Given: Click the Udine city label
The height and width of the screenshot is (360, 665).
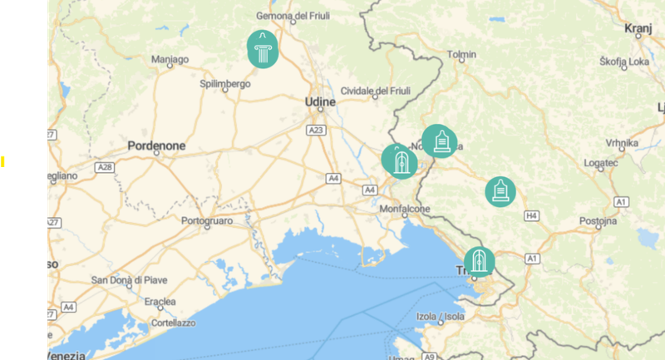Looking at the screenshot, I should point(320,102).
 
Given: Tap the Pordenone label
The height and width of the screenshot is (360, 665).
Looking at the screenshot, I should point(156,145).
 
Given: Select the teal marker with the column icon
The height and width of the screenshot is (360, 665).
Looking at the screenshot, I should point(263,49).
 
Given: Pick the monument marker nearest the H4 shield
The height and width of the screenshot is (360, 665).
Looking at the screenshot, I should point(500,191).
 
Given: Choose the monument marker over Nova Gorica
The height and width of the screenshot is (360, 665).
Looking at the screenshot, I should point(439,141).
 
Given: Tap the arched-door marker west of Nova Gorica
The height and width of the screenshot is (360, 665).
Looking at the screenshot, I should point(399,160).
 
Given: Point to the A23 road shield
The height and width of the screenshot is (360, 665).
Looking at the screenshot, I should point(315,131).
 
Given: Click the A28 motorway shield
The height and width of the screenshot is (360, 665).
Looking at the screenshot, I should point(105,167).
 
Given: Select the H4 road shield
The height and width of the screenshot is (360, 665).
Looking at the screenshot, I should point(532,216).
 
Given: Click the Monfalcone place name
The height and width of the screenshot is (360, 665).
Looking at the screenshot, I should point(404,210).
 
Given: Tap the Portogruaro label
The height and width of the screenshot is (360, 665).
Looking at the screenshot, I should point(207,221).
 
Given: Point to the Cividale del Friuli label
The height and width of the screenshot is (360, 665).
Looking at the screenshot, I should point(377,91).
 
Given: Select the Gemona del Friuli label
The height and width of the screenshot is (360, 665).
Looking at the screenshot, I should point(294,16).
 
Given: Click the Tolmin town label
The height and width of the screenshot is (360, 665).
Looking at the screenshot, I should point(461,55).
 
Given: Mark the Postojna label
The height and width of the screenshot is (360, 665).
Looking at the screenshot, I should point(598,222).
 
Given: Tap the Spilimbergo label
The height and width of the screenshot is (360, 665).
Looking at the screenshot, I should point(225,84).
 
